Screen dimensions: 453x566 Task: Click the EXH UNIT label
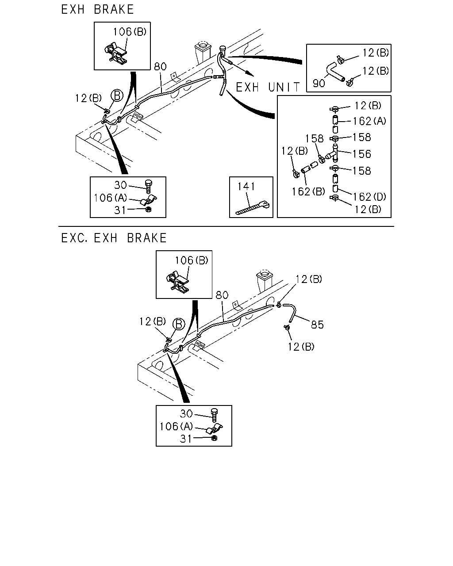point(268,87)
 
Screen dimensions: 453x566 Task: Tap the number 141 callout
point(246,187)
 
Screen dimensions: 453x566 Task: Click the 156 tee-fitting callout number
point(362,154)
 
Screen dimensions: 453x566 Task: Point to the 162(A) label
point(369,121)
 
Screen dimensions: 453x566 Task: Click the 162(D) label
point(369,197)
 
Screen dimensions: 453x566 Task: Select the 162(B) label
point(308,191)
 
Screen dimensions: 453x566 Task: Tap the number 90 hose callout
point(319,84)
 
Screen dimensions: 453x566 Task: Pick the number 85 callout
point(317,325)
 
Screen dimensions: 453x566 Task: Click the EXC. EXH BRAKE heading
point(114,238)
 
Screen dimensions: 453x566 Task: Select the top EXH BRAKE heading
point(97,9)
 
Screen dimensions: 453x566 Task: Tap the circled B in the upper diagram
point(117,96)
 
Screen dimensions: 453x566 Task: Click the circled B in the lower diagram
point(179,324)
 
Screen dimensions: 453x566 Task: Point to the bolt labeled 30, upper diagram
point(149,187)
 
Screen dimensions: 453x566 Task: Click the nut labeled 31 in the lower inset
point(215,438)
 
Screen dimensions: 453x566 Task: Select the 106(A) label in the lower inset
point(176,427)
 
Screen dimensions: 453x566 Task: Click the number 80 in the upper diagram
point(160,66)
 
